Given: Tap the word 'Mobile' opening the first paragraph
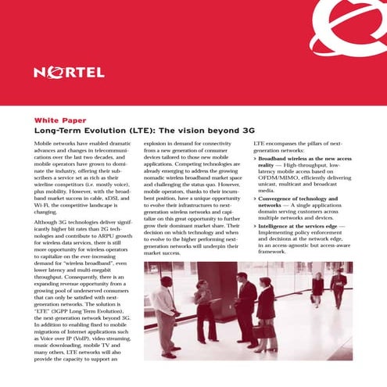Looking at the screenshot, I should tap(45, 145).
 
